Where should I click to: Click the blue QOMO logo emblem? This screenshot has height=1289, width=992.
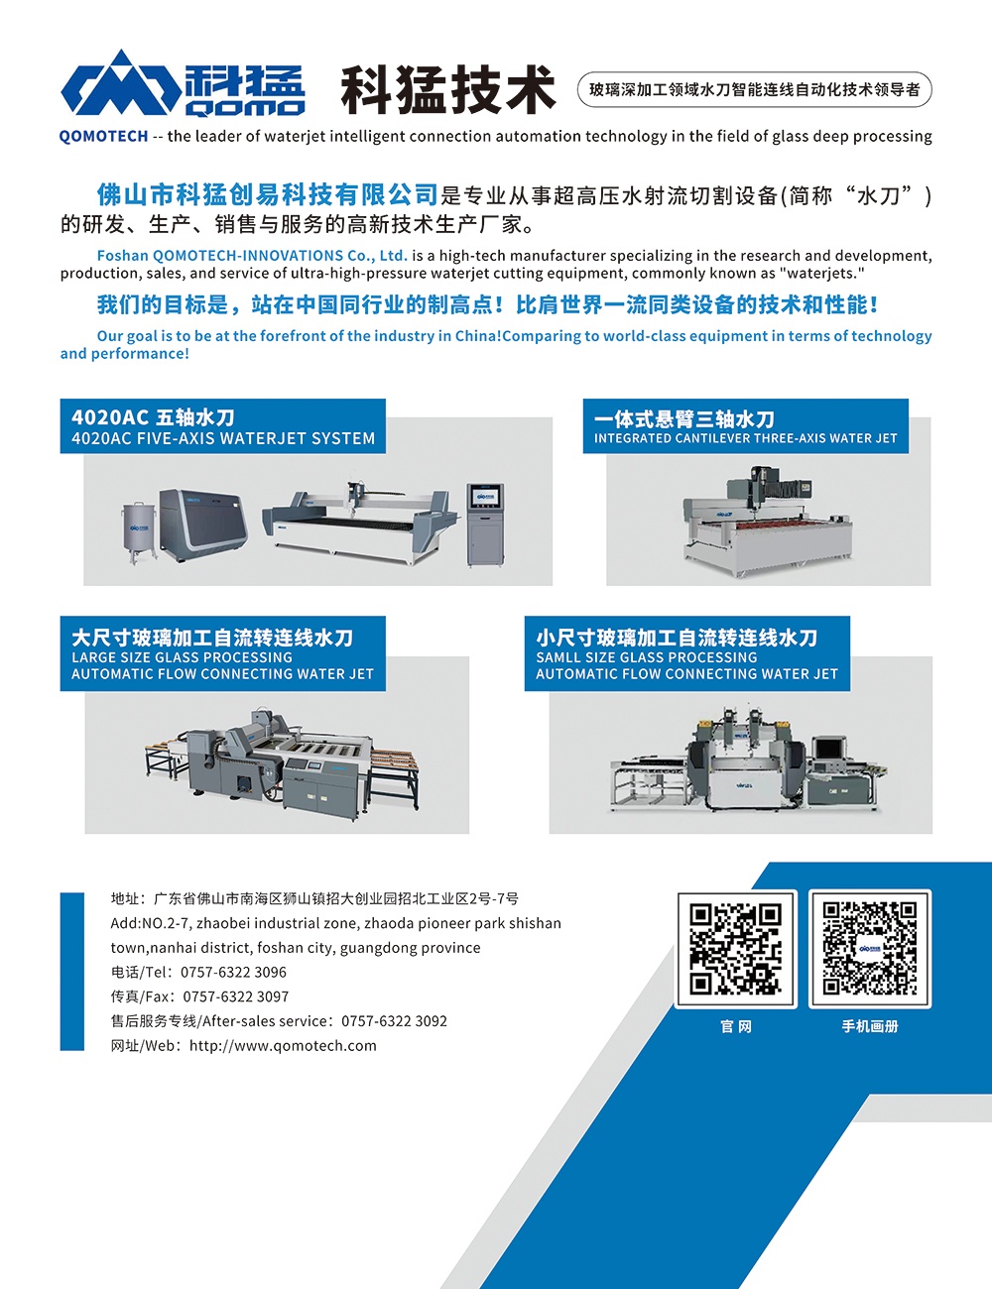[x=121, y=82]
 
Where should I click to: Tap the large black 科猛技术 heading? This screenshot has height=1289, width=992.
[x=448, y=89]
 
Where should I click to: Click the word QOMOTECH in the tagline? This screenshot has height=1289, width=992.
[x=103, y=137]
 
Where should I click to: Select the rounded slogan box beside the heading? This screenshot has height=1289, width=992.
[x=754, y=89]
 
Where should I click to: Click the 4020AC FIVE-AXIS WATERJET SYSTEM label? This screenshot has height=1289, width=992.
[x=223, y=438]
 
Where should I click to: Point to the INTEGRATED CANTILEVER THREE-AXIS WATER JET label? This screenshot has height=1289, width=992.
[x=745, y=438]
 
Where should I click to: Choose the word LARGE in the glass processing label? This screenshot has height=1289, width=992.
[x=89, y=657]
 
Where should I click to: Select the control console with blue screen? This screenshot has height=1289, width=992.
[x=485, y=525]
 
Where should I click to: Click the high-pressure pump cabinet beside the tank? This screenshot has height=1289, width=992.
[x=203, y=525]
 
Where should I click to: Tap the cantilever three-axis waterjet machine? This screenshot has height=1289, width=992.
[x=769, y=521]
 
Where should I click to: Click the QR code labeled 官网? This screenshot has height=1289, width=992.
[x=736, y=949]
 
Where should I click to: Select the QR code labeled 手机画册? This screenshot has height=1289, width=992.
[x=870, y=949]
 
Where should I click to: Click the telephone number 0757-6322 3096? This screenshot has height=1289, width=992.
[x=233, y=972]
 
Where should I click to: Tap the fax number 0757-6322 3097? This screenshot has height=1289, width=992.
[x=235, y=996]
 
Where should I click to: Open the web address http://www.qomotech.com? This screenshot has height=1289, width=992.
[x=283, y=1045]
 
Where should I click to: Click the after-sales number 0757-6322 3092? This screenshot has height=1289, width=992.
[x=394, y=1021]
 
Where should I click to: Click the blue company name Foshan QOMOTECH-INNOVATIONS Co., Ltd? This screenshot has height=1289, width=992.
[x=252, y=256]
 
